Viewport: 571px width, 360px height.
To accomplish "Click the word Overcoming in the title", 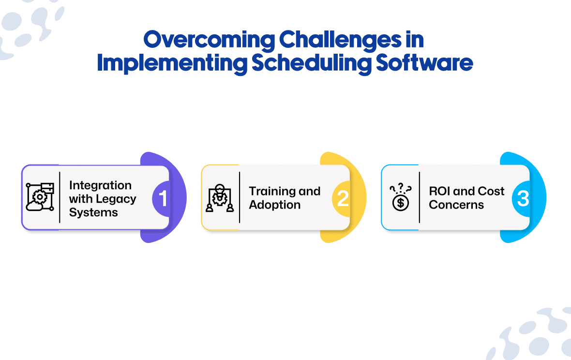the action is (x=209, y=41).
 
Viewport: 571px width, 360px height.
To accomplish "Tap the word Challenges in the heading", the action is (x=340, y=41).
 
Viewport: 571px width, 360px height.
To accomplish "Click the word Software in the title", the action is (x=424, y=63).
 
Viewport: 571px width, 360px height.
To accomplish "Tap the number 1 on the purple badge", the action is (x=163, y=198).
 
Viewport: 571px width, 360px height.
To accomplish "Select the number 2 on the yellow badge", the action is (x=343, y=199).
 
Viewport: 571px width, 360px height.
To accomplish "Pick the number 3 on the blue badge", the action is (x=523, y=199).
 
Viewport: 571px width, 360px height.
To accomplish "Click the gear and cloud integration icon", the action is (x=40, y=197).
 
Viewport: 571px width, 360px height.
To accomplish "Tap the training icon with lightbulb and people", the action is (x=220, y=198).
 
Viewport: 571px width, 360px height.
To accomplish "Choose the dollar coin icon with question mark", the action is (x=401, y=197).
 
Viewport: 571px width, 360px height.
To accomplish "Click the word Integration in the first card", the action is (x=100, y=185).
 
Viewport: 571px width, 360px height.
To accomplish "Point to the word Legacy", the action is (x=116, y=199).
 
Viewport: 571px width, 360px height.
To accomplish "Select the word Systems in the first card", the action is (x=93, y=212).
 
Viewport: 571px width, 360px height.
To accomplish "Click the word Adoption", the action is (x=274, y=205).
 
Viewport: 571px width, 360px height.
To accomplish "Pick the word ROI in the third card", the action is (x=439, y=191).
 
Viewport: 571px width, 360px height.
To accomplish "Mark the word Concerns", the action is (x=456, y=205).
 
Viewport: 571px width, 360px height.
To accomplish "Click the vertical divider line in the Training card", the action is (x=240, y=197).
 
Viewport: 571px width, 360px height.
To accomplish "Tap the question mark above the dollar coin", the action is (x=401, y=187).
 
